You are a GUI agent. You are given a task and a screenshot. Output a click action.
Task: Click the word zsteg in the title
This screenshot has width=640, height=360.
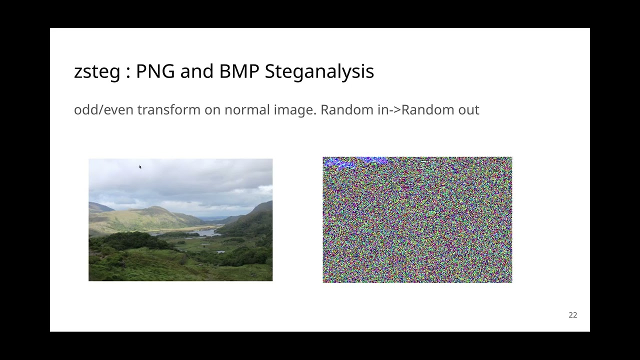pyautogui.click(x=97, y=71)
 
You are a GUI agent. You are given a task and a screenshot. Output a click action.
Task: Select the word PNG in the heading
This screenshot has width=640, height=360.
pyautogui.click(x=155, y=71)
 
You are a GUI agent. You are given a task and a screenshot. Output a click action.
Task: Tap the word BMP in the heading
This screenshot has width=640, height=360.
pyautogui.click(x=238, y=71)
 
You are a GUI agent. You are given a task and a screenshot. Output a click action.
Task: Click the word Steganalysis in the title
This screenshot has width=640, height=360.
pyautogui.click(x=319, y=71)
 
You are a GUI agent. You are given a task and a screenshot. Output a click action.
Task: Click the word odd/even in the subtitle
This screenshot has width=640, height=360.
pyautogui.click(x=104, y=109)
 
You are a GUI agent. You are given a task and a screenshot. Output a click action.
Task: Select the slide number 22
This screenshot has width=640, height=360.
pyautogui.click(x=572, y=315)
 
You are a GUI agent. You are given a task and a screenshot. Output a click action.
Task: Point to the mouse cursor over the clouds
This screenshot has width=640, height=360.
pyautogui.click(x=140, y=167)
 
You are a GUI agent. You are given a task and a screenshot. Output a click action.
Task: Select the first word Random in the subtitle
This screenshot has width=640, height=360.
pyautogui.click(x=346, y=109)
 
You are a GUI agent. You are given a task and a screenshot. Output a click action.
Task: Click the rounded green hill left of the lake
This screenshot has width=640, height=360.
pyautogui.click(x=150, y=215)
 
